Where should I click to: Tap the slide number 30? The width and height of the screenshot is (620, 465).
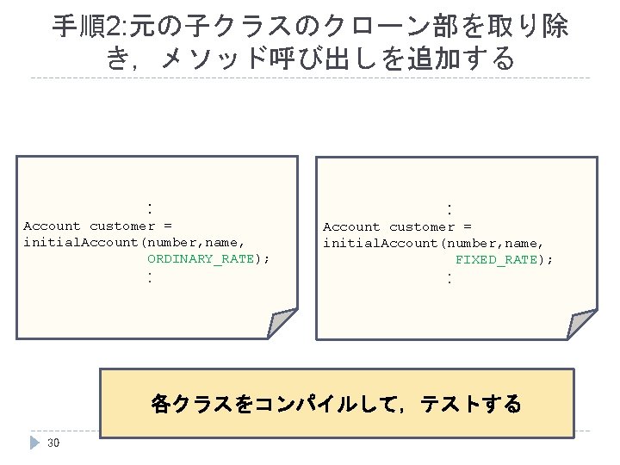coord(53,443)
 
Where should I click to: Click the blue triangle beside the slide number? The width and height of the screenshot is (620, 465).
coord(34,443)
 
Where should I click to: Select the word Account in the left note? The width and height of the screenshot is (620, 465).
coord(52,226)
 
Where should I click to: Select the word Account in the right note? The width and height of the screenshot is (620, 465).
coord(351,227)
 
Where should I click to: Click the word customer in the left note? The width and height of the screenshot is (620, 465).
coord(122,226)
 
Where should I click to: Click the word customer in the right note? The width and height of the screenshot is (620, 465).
coord(422,227)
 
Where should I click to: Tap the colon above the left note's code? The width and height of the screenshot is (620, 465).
coord(150,208)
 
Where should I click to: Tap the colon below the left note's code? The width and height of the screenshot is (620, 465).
coord(150,277)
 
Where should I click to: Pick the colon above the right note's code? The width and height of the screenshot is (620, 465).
coord(449,208)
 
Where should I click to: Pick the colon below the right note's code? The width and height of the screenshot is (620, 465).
coord(449,277)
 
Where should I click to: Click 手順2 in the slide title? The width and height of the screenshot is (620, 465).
coord(90,27)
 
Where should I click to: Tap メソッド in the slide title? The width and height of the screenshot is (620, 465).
coord(220,59)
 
